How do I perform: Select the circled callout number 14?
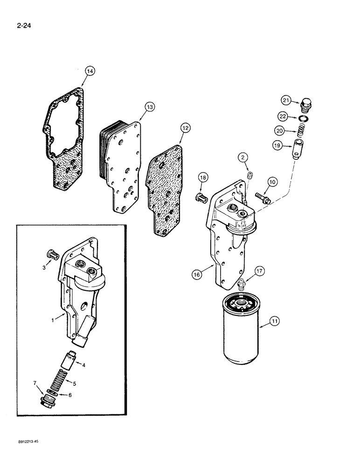(x=90, y=71)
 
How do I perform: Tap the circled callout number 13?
(x=149, y=108)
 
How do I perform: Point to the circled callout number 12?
(x=186, y=126)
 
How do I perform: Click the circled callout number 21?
(x=285, y=100)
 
